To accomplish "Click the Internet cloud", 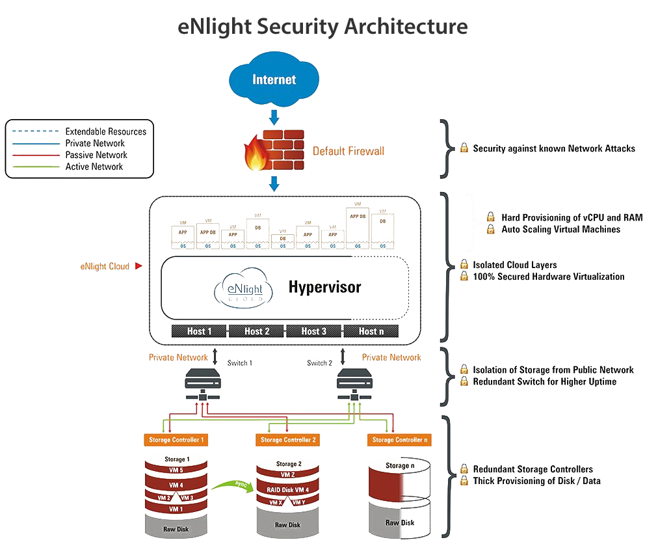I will (274, 81).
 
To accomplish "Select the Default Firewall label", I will (349, 152).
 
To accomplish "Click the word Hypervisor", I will (325, 287).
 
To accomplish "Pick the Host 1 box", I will (200, 331).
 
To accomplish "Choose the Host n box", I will (371, 331).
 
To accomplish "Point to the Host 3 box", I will (314, 331).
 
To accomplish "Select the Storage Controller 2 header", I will (288, 440).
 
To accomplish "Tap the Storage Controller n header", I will (399, 440).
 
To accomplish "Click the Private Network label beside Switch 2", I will (391, 357).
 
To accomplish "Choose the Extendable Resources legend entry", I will (105, 131).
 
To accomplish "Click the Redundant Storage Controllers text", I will (533, 469).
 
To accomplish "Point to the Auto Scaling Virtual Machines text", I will (560, 229).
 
